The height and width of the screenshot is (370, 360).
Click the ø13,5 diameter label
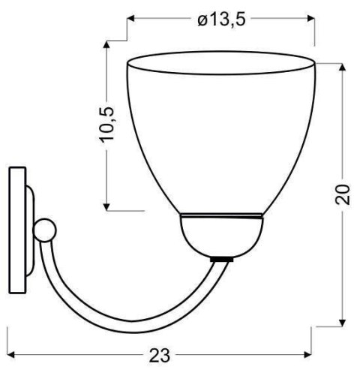click(x=221, y=20)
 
